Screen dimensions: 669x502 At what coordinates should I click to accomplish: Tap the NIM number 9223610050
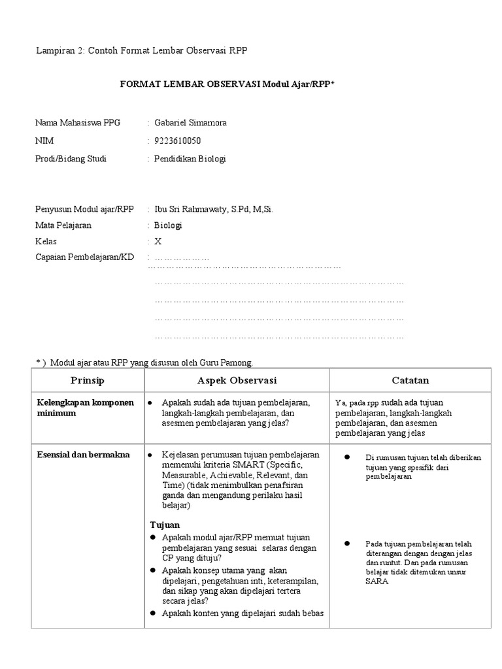click(178, 140)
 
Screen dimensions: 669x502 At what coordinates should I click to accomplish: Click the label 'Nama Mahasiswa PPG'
click(82, 123)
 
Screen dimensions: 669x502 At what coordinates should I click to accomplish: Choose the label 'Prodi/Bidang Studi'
click(71, 159)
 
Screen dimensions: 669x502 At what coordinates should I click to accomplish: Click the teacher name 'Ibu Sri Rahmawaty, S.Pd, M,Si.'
click(214, 209)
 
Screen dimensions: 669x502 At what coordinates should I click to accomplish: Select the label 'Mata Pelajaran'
click(63, 225)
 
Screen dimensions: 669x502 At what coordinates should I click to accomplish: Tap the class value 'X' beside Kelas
click(158, 241)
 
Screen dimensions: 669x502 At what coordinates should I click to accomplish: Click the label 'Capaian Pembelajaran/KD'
click(84, 257)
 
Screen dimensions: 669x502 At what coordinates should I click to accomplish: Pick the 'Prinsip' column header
click(88, 380)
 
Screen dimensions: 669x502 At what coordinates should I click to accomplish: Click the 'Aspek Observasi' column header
click(237, 380)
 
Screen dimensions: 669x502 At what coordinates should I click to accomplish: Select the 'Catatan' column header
click(410, 380)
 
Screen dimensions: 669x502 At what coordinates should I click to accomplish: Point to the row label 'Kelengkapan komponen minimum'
click(84, 408)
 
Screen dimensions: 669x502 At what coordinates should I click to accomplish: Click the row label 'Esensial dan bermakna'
click(82, 455)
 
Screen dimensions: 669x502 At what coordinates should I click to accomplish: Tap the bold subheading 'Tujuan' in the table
click(165, 525)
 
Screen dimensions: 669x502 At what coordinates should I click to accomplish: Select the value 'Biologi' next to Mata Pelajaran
click(168, 225)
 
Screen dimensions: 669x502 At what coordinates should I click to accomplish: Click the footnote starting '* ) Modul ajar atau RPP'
click(143, 363)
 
